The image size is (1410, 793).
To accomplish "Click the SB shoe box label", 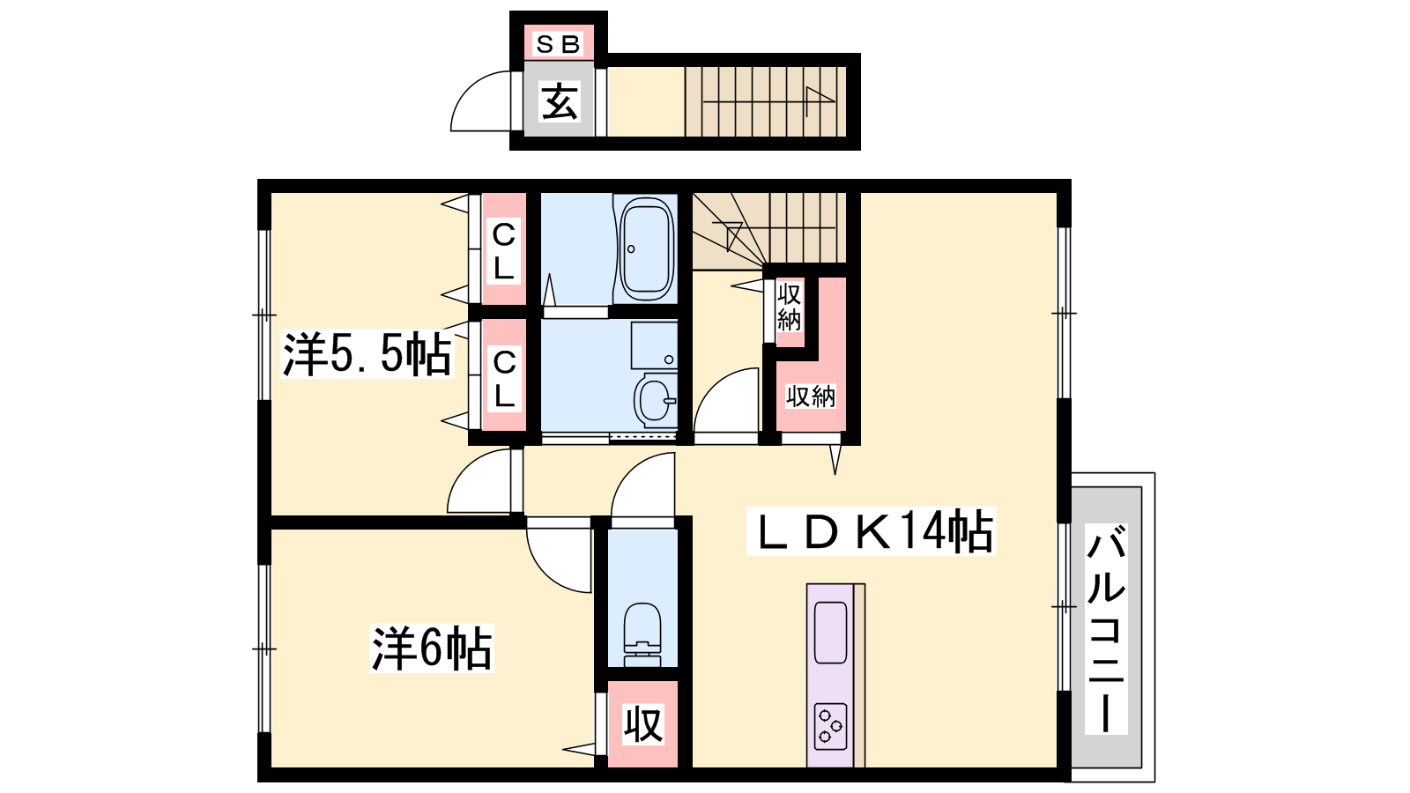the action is pyautogui.click(x=558, y=44).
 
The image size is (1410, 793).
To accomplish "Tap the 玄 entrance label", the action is pyautogui.click(x=559, y=101).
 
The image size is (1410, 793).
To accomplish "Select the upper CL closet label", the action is pyautogui.click(x=503, y=251).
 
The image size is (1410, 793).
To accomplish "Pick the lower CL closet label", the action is pyautogui.click(x=503, y=378).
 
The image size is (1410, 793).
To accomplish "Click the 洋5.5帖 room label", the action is pyautogui.click(x=367, y=354).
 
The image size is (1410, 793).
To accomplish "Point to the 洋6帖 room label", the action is pyautogui.click(x=432, y=648).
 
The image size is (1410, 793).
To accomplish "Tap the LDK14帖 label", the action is pyautogui.click(x=872, y=532).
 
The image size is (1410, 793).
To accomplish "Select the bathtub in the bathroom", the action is pyautogui.click(x=647, y=250).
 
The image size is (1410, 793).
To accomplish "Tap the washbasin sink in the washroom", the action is pyautogui.click(x=656, y=400).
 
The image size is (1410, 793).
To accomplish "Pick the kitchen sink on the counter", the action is pyautogui.click(x=830, y=633).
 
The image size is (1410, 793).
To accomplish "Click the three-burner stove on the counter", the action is pyautogui.click(x=830, y=727).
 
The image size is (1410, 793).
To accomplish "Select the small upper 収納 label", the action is pyautogui.click(x=789, y=308).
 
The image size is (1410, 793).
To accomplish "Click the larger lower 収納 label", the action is pyautogui.click(x=810, y=396).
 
